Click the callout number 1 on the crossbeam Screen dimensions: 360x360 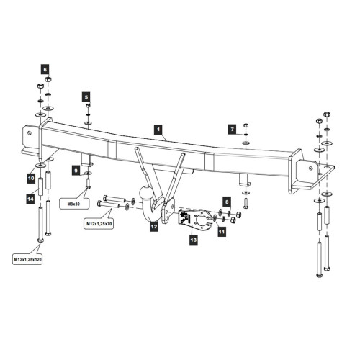[x=158, y=130]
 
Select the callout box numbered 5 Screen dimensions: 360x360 [x=86, y=97]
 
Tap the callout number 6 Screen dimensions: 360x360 [x=45, y=70]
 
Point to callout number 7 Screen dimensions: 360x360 [x=232, y=130]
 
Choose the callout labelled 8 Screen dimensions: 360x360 [x=227, y=202]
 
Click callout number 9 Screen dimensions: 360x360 [x=76, y=171]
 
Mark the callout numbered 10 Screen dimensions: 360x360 [x=31, y=179]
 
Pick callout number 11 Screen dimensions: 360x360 [x=222, y=232]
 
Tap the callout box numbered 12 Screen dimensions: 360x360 [x=154, y=226]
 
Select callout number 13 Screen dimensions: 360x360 [x=194, y=240]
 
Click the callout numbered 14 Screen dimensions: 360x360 [x=30, y=199]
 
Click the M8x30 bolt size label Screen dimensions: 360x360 [x=73, y=204]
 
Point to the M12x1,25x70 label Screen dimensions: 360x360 [x=99, y=224]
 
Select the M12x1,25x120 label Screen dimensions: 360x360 [x=27, y=259]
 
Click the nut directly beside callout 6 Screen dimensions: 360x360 [x=48, y=79]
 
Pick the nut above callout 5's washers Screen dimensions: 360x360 [x=88, y=106]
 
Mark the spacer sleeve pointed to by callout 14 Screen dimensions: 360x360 [x=40, y=186]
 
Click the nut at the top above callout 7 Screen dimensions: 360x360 [x=246, y=125]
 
